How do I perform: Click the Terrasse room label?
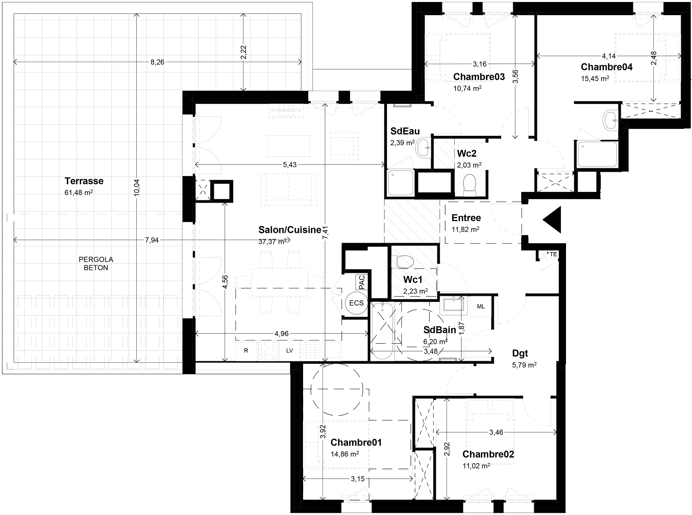tap(84, 181)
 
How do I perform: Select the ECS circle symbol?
tap(356, 303)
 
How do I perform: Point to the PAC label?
tap(362, 282)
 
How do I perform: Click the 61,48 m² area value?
tap(79, 193)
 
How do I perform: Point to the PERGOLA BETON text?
tap(96, 263)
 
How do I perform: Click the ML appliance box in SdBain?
tap(481, 307)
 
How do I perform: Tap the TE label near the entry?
tap(553, 254)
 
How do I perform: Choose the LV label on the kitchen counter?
tap(290, 351)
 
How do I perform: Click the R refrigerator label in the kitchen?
tap(246, 351)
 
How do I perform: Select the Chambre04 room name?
tap(607, 67)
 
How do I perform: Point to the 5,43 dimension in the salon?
tap(290, 165)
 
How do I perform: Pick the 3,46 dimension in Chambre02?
tap(496, 433)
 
